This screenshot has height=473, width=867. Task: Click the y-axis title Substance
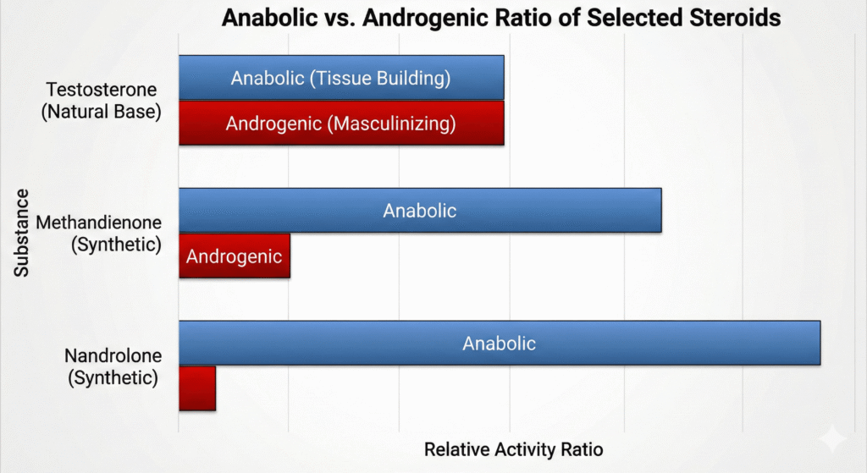pyautogui.click(x=21, y=232)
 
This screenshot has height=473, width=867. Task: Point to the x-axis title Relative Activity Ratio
pyautogui.click(x=513, y=449)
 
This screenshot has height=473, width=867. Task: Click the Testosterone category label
pyautogui.click(x=102, y=90)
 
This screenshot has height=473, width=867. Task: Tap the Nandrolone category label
pyautogui.click(x=113, y=355)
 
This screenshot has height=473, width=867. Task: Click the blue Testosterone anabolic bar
pyautogui.click(x=341, y=78)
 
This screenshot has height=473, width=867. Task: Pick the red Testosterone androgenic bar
pyautogui.click(x=341, y=124)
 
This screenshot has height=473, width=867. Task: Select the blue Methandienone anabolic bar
pyautogui.click(x=419, y=210)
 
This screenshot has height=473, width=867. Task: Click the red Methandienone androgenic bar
pyautogui.click(x=234, y=256)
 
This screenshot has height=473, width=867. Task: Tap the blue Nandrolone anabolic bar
pyautogui.click(x=499, y=343)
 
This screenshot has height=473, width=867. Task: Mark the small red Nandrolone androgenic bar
pyautogui.click(x=197, y=388)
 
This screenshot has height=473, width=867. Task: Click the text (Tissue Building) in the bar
pyautogui.click(x=379, y=79)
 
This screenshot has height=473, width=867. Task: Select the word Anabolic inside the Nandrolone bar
pyautogui.click(x=499, y=343)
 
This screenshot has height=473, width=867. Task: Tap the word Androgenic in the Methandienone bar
pyautogui.click(x=234, y=256)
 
